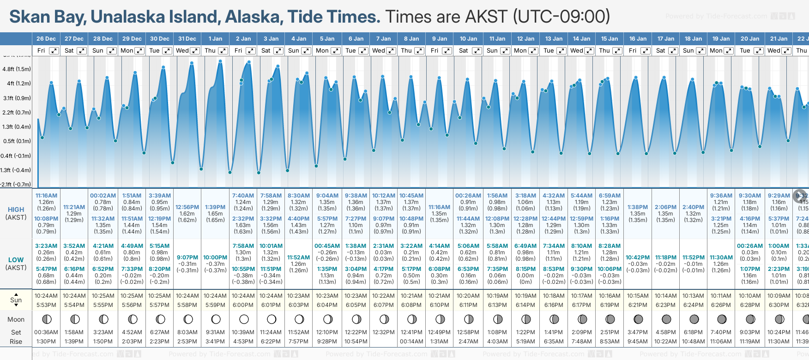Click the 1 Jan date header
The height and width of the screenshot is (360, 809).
pyautogui.click(x=215, y=39)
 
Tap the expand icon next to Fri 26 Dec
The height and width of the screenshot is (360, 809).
pyautogui.click(x=54, y=51)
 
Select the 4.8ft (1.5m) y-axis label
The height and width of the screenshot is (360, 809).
pyautogui.click(x=17, y=69)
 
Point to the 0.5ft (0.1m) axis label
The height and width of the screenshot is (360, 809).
pyautogui.click(x=17, y=141)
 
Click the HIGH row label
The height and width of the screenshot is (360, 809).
pyautogui.click(x=16, y=210)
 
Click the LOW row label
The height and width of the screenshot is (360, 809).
pyautogui.click(x=16, y=260)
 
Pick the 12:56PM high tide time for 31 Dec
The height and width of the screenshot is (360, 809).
pyautogui.click(x=187, y=207)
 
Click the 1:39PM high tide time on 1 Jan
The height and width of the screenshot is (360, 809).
pyautogui.click(x=215, y=207)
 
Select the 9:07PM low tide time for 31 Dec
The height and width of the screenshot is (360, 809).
pyautogui.click(x=187, y=258)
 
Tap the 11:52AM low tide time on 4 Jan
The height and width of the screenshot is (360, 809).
pyautogui.click(x=298, y=258)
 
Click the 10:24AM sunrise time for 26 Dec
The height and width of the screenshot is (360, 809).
pyautogui.click(x=46, y=296)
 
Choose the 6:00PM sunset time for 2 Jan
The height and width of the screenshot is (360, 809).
pyautogui.click(x=243, y=305)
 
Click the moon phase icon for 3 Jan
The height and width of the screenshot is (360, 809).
pyautogui.click(x=272, y=319)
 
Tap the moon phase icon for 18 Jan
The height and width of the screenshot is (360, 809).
pyautogui.click(x=694, y=319)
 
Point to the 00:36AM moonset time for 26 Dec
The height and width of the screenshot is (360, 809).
pyautogui.click(x=46, y=332)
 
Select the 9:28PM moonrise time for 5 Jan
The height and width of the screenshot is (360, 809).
pyautogui.click(x=327, y=342)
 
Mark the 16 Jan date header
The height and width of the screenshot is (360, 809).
pyautogui.click(x=638, y=39)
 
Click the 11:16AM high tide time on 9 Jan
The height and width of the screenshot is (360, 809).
pyautogui.click(x=439, y=207)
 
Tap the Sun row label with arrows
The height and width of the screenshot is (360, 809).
pyautogui.click(x=16, y=300)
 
